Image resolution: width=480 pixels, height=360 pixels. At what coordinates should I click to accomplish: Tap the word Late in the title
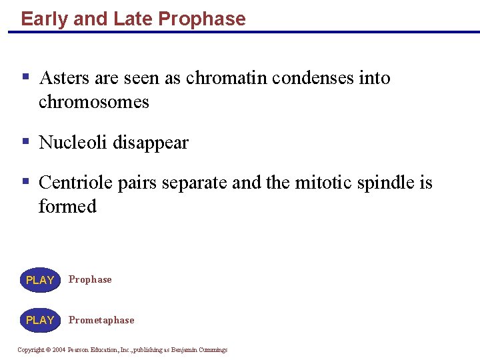[x=133, y=19]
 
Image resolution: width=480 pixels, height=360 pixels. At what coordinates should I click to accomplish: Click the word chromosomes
[x=94, y=102]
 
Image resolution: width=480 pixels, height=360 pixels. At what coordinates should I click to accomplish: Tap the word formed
[x=67, y=206]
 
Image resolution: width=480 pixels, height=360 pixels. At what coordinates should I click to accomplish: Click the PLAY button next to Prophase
[x=40, y=280]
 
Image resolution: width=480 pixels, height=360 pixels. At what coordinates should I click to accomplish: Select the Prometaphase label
[x=101, y=320]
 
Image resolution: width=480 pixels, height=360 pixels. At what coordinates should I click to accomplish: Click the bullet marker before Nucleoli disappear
[x=25, y=141]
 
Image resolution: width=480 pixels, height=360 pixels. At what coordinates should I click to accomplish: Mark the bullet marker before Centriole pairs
[x=25, y=181]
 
